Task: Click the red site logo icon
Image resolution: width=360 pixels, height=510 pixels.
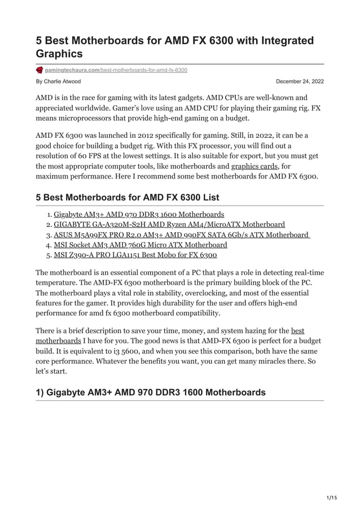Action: point(39,69)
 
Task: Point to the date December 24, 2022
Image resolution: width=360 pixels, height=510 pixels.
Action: point(300,82)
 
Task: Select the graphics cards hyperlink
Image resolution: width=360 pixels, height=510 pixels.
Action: point(255,167)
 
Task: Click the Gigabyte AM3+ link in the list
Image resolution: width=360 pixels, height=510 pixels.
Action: point(139,215)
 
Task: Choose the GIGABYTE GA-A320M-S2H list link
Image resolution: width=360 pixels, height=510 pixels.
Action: point(169,225)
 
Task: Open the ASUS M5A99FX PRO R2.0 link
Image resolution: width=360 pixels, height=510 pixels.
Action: point(182,235)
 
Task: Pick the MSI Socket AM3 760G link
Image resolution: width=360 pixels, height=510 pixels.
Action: point(141,245)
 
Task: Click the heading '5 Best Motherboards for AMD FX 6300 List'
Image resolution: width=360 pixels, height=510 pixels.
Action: point(128,198)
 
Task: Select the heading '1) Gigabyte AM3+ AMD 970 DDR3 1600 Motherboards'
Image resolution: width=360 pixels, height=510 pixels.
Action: point(151,393)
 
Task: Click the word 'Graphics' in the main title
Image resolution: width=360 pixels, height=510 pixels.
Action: point(59,54)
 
